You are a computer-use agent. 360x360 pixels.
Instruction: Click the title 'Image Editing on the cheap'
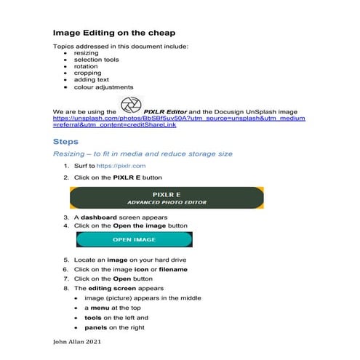coord(114,33)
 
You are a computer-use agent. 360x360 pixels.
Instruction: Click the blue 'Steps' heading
coord(66,141)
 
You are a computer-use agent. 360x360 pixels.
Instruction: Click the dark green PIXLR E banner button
coord(166,198)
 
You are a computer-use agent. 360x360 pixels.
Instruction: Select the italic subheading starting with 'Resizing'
coord(143,154)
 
